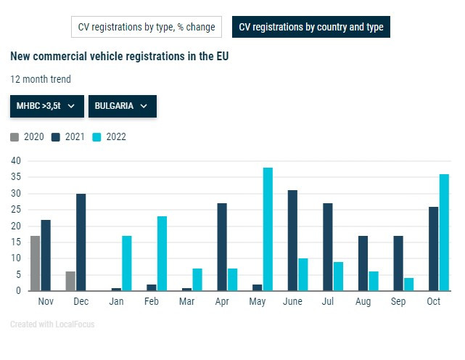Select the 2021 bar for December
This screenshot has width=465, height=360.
[81, 242]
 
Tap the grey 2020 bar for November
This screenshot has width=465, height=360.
[35, 263]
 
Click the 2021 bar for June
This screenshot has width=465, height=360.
[292, 240]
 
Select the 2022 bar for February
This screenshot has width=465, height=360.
[162, 253]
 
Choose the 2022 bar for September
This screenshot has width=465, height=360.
[408, 284]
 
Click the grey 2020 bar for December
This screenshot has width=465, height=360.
[70, 281]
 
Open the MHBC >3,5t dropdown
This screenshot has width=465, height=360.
[46, 106]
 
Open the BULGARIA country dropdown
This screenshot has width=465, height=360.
[122, 106]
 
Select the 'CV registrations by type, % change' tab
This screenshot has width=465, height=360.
[147, 28]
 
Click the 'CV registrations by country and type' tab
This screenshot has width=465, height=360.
[311, 28]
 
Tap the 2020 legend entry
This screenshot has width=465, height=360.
[28, 136]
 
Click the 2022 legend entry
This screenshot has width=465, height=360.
[110, 136]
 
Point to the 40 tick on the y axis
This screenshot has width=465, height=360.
[16, 160]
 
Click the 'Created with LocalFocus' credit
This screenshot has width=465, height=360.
[52, 324]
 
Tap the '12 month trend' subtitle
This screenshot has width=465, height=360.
[41, 79]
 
